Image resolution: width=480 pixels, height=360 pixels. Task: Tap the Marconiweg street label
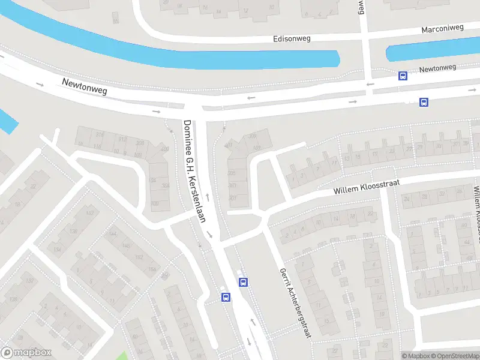[x=443, y=29]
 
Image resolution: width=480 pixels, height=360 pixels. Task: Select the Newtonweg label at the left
[x=85, y=86]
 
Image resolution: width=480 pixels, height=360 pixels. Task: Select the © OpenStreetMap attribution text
[x=455, y=356]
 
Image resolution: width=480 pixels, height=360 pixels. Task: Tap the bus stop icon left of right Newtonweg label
[x=403, y=76]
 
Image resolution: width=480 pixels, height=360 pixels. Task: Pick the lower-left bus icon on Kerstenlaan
[x=226, y=297]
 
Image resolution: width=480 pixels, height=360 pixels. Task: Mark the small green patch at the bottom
[x=123, y=355]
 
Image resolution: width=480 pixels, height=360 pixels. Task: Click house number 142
[x=91, y=214]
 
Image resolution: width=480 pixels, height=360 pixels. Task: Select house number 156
[x=152, y=269]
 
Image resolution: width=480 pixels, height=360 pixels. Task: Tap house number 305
[x=232, y=173]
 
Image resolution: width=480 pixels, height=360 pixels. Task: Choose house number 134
[x=58, y=248]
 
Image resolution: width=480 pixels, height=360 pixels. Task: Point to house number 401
[x=228, y=145]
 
